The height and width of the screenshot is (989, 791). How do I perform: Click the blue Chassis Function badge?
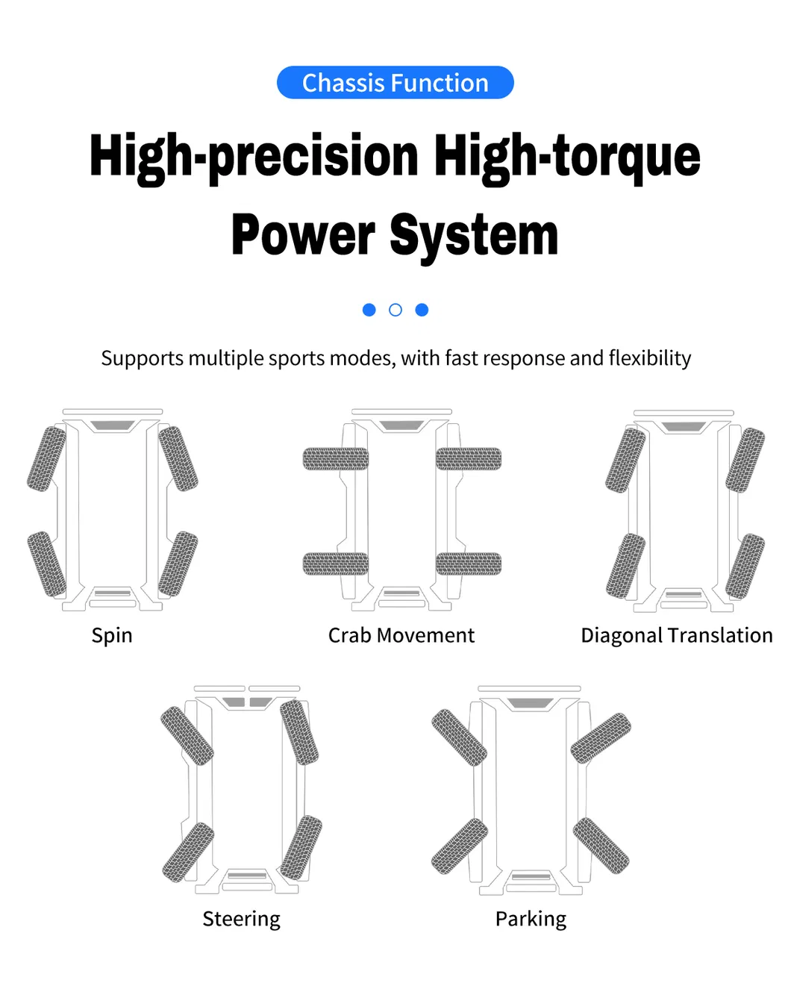point(395,82)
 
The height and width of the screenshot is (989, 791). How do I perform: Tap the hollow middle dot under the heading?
point(395,310)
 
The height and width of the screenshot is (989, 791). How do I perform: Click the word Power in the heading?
point(304,236)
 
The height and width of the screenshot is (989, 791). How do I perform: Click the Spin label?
point(112,637)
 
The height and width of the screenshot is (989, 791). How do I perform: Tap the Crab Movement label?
point(401,635)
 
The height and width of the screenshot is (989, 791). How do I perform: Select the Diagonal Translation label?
point(677,636)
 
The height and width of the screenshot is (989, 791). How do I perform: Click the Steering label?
point(241,919)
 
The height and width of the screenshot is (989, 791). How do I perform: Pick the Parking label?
point(531,919)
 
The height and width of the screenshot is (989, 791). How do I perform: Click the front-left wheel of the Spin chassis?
point(46,458)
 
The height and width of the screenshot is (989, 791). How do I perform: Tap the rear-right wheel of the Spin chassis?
point(178,564)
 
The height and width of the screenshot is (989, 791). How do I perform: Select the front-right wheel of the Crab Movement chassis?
point(469,458)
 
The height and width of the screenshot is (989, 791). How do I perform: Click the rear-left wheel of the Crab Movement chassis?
point(336,564)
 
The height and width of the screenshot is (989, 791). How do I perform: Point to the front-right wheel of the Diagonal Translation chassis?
point(745,460)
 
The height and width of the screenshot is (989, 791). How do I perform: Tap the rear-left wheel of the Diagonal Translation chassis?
point(625,566)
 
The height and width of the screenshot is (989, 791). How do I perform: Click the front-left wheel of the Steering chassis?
point(187,736)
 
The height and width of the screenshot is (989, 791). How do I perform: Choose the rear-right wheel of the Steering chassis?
point(301,847)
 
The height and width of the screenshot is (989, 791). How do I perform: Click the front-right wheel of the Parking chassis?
point(600,738)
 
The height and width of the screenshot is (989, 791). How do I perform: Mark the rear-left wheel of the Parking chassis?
point(460,846)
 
